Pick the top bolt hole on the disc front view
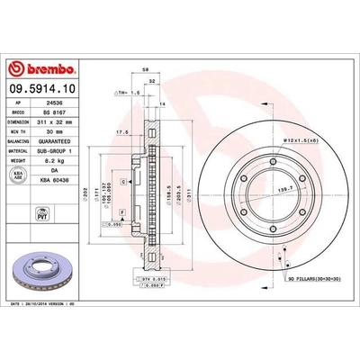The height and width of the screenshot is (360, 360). click(271, 162)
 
